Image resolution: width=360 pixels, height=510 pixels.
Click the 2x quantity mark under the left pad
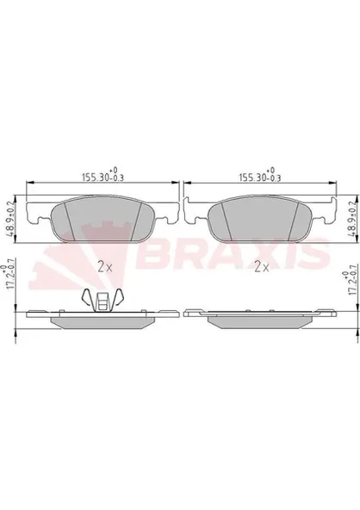point(105,267)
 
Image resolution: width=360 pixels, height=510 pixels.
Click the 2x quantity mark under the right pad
point(262,267)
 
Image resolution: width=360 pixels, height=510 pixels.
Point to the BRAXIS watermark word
point(234,253)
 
